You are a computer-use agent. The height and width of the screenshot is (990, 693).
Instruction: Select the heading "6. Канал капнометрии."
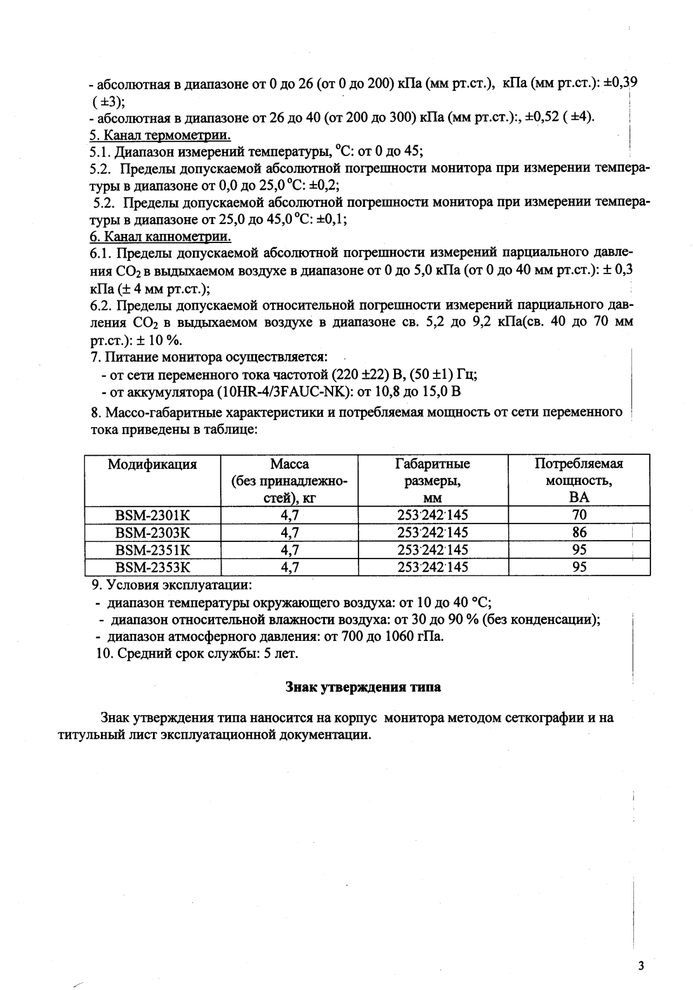pos(160,237)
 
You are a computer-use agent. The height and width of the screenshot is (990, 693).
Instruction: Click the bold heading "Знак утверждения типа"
pos(363,687)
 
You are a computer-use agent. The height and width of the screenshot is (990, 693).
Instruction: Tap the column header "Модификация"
pos(152,464)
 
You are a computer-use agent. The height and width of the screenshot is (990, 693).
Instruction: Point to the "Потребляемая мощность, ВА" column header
pos(579,480)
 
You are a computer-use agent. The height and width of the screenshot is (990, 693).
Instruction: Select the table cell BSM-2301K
pos(152,515)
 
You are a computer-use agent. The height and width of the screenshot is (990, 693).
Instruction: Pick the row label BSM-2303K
pos(152,532)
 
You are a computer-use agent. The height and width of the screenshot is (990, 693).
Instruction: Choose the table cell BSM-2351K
pos(152,550)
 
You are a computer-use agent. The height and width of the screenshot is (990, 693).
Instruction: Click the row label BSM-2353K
pos(152,567)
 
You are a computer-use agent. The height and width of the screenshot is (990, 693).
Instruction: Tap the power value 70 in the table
pos(579,515)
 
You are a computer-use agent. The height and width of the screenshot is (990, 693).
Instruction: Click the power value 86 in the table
pos(579,532)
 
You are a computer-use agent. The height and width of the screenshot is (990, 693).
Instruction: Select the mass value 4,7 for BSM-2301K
pos(289,515)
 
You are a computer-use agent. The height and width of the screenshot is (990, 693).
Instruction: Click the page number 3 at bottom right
pos(641,966)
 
